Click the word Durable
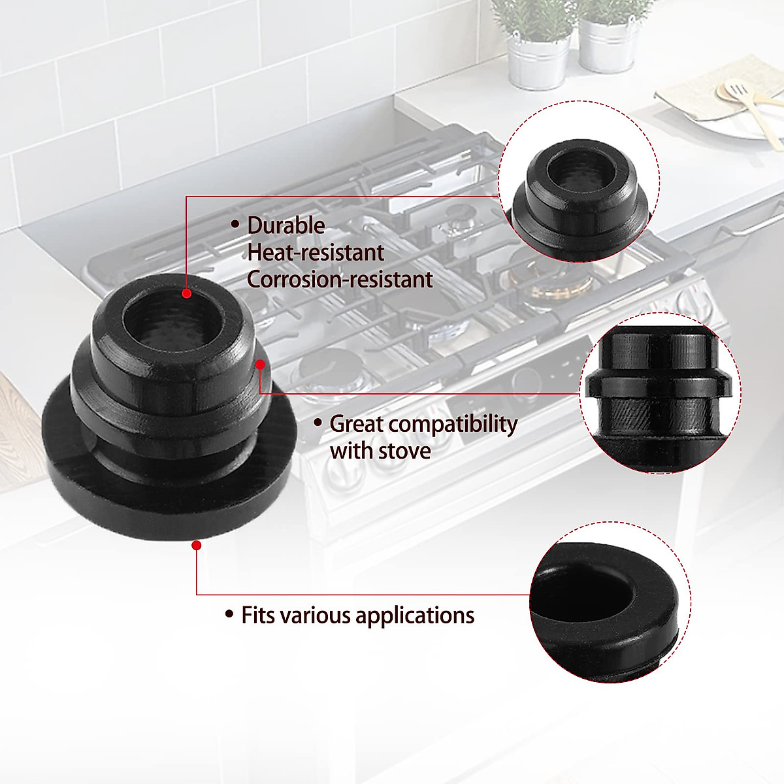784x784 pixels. (286, 225)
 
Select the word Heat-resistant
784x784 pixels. (316, 253)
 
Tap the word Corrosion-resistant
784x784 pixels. (340, 280)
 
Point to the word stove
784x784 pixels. (404, 451)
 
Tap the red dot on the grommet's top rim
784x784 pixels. (187, 294)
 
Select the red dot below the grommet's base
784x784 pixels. (197, 544)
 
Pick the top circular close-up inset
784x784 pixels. (579, 182)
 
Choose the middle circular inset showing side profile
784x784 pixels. (660, 399)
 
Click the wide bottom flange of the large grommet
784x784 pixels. (163, 497)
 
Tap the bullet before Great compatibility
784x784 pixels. (318, 423)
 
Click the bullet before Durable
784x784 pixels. (235, 225)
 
